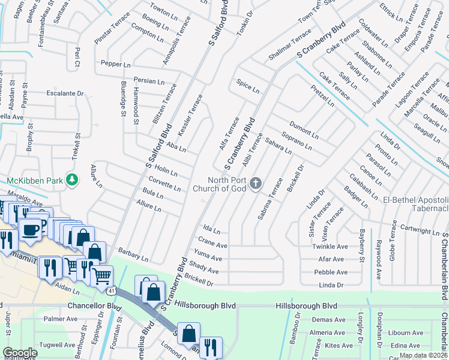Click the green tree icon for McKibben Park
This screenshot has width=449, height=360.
(x=72, y=179)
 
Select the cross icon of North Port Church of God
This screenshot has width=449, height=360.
(x=256, y=182)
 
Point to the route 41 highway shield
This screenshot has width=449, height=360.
(x=112, y=291)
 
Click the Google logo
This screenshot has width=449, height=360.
(x=20, y=353)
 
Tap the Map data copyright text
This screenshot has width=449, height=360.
(x=423, y=355)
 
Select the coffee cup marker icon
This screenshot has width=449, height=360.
(x=30, y=229)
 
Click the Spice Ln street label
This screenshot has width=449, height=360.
(x=248, y=86)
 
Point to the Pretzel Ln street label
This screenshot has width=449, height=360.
(x=322, y=96)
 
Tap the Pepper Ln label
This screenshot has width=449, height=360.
(x=116, y=64)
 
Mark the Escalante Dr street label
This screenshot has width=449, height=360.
(x=65, y=94)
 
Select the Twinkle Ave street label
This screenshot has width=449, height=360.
(x=330, y=247)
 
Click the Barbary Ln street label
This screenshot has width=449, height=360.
(x=133, y=254)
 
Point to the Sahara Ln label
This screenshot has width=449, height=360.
(x=278, y=145)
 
